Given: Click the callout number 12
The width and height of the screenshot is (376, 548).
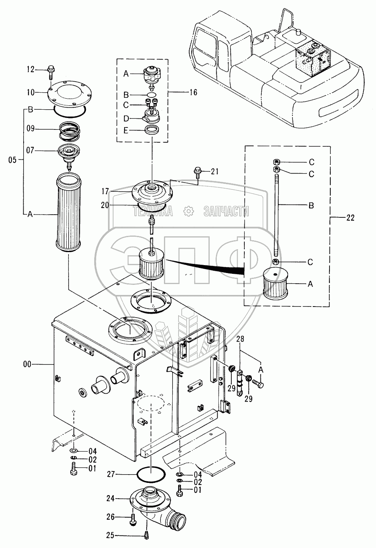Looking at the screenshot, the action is (x=31, y=69).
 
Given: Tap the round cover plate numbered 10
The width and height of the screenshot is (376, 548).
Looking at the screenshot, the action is (x=70, y=94).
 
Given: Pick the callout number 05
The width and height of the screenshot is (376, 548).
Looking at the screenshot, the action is (x=13, y=160).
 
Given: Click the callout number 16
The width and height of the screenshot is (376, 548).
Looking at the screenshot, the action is (x=193, y=92).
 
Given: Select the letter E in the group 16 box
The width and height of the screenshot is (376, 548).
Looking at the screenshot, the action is (x=126, y=131).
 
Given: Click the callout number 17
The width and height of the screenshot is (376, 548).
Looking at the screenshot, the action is (x=105, y=191).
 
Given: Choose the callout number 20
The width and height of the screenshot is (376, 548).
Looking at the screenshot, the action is (x=105, y=205).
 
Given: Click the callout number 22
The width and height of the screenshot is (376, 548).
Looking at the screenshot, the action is (x=350, y=217).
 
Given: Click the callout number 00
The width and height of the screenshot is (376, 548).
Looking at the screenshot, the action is (x=27, y=364).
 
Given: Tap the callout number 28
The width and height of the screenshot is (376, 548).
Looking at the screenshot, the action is (x=240, y=339).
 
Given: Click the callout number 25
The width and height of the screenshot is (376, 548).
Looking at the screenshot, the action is (x=110, y=536).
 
